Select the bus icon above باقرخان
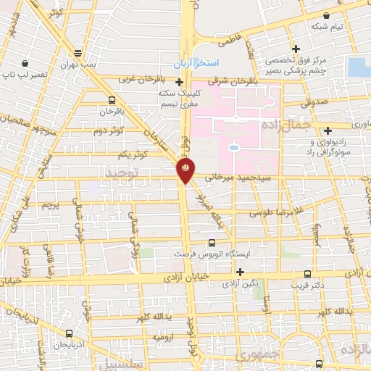pyautogui.click(x=112, y=101)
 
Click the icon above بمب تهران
pyautogui.click(x=78, y=53)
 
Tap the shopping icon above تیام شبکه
pyautogui.click(x=328, y=15)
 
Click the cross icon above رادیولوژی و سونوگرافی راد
pyautogui.click(x=328, y=131)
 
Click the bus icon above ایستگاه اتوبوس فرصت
pyautogui.click(x=212, y=243)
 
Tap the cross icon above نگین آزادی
pyautogui.click(x=240, y=272)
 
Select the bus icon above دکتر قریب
pyautogui.click(x=307, y=274)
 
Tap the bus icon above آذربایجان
pyautogui.click(x=69, y=334)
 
